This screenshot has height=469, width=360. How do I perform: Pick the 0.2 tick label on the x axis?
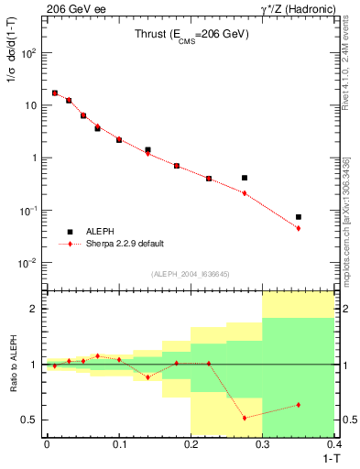(x=191, y=444)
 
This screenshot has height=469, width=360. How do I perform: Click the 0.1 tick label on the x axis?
(x=119, y=444)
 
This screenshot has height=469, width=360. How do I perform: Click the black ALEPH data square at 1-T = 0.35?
(x=299, y=217)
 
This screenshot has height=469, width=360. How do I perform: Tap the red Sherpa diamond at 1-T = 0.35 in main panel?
(x=299, y=228)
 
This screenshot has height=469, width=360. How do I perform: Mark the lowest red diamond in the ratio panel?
(x=245, y=418)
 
